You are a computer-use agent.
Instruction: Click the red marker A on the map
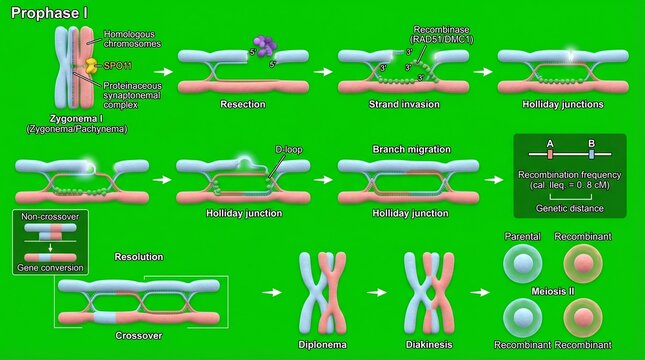550,153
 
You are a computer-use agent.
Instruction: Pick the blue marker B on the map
592,153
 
